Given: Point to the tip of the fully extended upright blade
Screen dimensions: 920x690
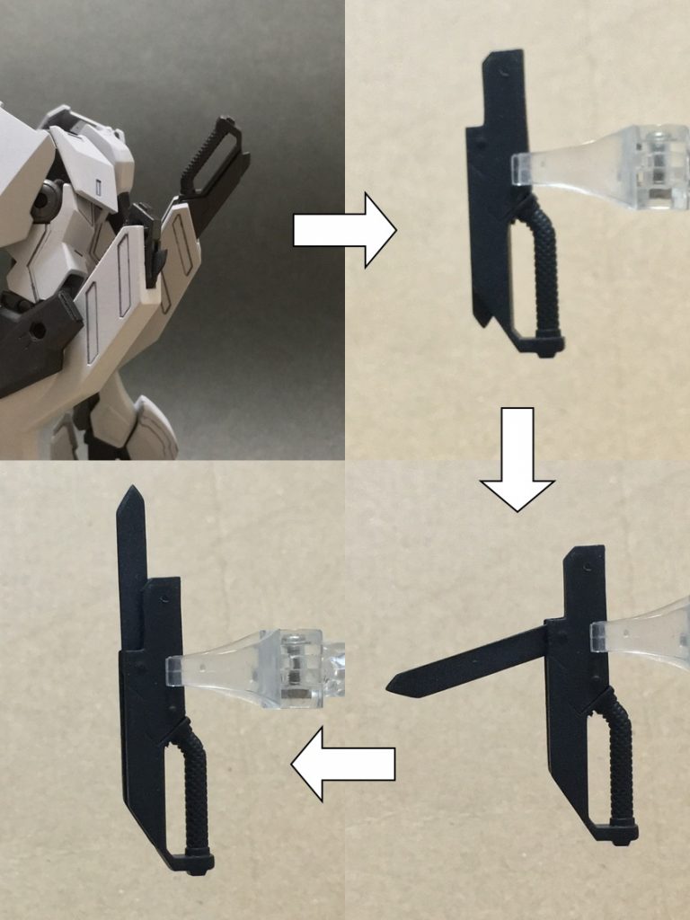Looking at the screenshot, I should pos(131,491).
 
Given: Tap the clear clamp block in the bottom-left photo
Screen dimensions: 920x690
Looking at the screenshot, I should pos(302,665).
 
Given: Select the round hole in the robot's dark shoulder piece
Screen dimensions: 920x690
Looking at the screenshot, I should pos(38,330).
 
